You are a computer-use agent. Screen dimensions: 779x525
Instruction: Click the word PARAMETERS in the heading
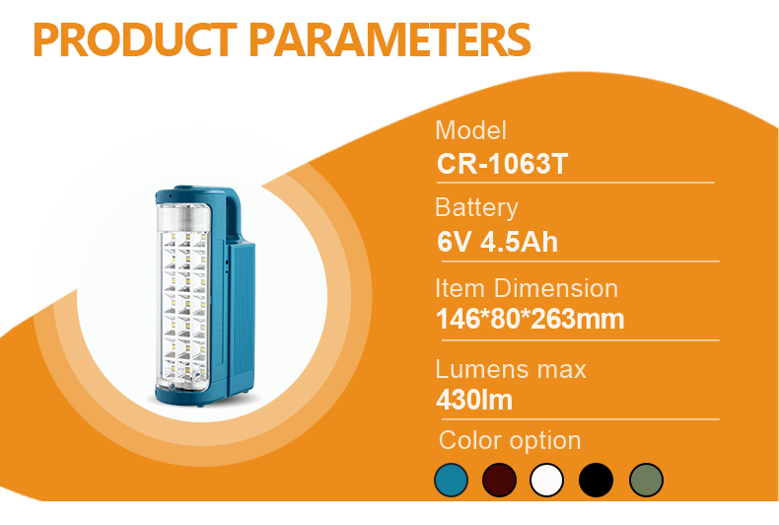[x=389, y=39]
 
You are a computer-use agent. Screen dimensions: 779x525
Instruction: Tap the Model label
[x=470, y=130]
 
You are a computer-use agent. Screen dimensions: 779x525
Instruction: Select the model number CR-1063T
[x=502, y=164]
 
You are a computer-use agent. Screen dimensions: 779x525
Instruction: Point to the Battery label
[x=476, y=208]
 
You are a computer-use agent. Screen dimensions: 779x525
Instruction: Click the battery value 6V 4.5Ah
[x=497, y=242]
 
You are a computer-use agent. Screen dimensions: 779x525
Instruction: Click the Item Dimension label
[x=527, y=288]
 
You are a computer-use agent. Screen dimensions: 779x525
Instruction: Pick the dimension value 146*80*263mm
[x=530, y=319]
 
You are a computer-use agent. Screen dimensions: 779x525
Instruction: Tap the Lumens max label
[x=511, y=369]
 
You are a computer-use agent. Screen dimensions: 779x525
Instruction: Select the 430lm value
[x=474, y=400]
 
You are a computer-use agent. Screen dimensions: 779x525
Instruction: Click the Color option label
[x=510, y=440]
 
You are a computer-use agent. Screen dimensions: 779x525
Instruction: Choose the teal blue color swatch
[x=451, y=481]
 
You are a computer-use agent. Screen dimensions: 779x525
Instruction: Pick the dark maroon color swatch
[x=499, y=481]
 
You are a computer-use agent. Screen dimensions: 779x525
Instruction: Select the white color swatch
[x=547, y=481]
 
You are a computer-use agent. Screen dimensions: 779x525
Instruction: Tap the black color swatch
[x=597, y=481]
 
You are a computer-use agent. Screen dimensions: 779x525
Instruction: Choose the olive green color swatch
[x=646, y=481]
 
